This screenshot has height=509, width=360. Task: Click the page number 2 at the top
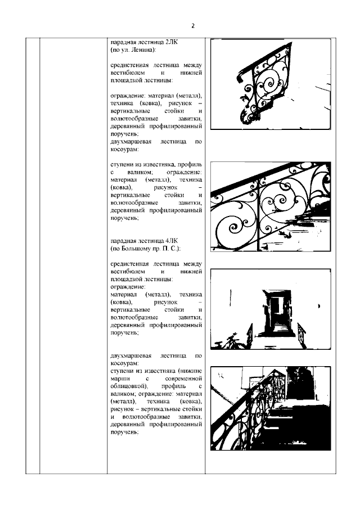[x=193, y=25]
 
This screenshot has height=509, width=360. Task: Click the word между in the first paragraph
[x=189, y=66]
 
